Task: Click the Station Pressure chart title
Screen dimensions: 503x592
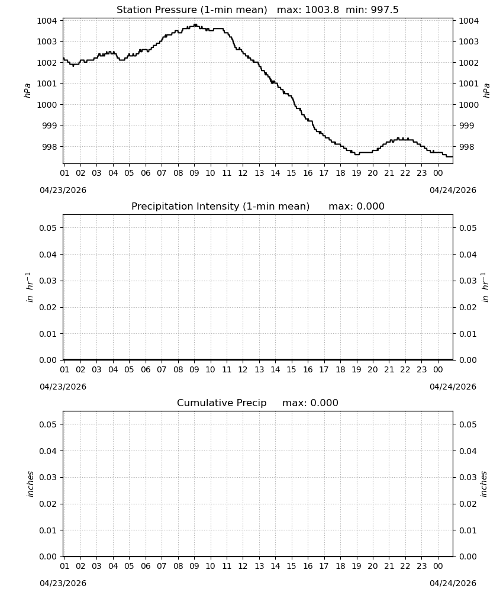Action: click(x=257, y=10)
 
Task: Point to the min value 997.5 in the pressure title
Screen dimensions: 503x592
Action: click(x=384, y=10)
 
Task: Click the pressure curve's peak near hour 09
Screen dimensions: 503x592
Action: click(x=195, y=25)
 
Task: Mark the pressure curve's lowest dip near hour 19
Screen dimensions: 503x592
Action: click(x=357, y=154)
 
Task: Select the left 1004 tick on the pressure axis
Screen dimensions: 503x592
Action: click(x=46, y=21)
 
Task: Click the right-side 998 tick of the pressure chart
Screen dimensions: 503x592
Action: click(x=466, y=147)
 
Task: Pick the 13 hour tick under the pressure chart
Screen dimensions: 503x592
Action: click(x=259, y=173)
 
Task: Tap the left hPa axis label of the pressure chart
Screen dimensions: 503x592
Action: click(x=28, y=91)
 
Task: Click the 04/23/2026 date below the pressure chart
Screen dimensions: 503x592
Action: click(x=63, y=190)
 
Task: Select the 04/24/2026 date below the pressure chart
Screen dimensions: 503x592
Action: click(x=453, y=190)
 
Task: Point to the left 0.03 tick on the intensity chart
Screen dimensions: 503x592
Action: click(x=48, y=281)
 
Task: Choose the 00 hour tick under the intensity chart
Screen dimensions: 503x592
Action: click(x=438, y=369)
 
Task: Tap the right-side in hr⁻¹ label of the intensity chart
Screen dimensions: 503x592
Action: click(x=486, y=287)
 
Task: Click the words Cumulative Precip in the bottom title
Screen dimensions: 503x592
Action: click(x=221, y=403)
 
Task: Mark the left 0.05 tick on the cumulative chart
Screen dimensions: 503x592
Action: click(x=48, y=424)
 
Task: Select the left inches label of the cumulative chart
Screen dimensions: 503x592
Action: click(x=30, y=484)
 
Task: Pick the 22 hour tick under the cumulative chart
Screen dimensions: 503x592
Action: click(x=405, y=566)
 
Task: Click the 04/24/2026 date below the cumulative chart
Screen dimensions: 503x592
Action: click(x=453, y=583)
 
